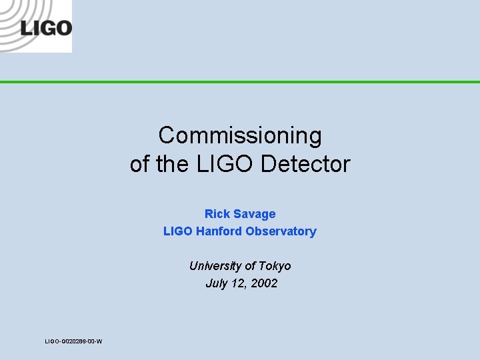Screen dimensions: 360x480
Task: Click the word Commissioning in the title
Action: [240, 136]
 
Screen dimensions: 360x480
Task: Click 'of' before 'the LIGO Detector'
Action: [140, 164]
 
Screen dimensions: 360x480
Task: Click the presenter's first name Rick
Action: [217, 214]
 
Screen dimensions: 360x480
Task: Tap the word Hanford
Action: [218, 231]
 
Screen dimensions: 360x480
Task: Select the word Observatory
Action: [281, 231]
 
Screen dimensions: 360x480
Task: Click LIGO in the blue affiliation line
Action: [177, 231]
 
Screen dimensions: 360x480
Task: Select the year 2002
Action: [263, 283]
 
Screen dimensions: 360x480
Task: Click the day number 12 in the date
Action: [238, 283]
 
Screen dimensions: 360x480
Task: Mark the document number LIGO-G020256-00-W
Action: [73, 341]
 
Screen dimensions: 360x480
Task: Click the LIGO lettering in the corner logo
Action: [45, 28]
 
